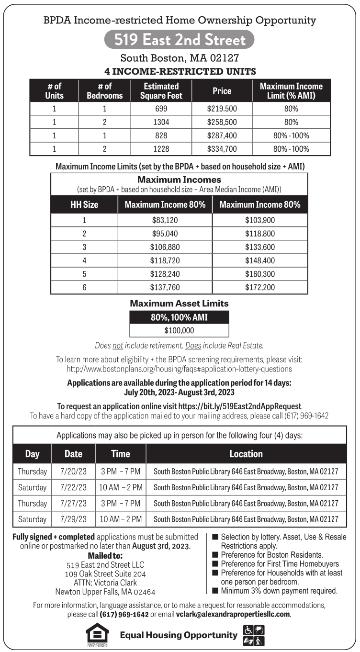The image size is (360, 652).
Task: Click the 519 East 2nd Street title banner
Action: (x=179, y=40)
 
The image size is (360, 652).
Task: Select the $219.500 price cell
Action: (x=222, y=109)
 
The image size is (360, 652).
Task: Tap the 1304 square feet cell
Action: (x=161, y=122)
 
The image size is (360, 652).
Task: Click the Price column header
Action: (x=222, y=90)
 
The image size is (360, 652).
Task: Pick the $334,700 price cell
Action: (x=222, y=149)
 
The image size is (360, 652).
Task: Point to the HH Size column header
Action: (x=84, y=204)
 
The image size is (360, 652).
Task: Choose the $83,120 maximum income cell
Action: (x=165, y=221)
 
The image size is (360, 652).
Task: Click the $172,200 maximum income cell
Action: (x=260, y=287)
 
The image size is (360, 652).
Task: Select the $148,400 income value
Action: (x=260, y=260)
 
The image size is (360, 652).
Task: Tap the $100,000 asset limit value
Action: (x=179, y=330)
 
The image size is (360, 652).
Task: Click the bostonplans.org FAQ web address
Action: (x=179, y=369)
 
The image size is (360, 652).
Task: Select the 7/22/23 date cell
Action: (x=73, y=487)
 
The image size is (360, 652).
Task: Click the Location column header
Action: (x=246, y=453)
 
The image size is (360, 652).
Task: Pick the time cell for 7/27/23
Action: (x=121, y=503)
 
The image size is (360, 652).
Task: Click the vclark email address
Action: (x=233, y=614)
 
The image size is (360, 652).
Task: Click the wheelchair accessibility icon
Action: (x=248, y=630)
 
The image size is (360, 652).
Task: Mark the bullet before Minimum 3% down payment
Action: (x=215, y=591)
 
